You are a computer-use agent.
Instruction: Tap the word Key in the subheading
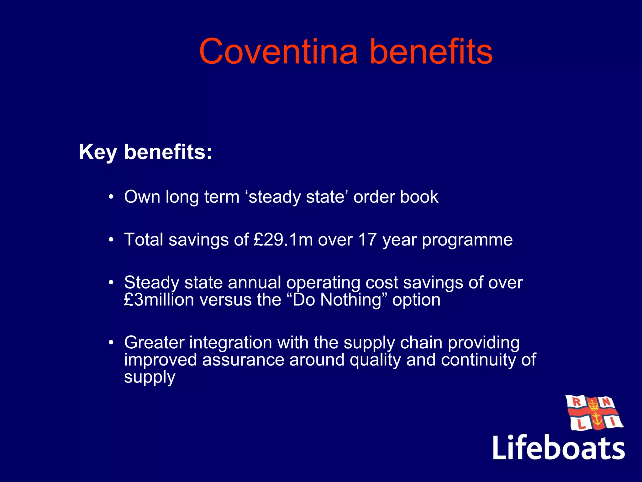(98, 153)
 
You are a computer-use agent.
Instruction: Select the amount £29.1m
(283, 240)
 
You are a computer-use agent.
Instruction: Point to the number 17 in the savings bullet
(367, 240)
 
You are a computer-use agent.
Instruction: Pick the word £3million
(159, 300)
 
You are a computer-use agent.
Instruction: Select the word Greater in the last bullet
(154, 342)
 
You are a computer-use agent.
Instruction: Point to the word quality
(375, 360)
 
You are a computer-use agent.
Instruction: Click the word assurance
(243, 360)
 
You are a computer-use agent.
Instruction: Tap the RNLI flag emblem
(593, 413)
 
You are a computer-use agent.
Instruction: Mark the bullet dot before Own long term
(111, 197)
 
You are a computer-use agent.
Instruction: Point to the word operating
(323, 283)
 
